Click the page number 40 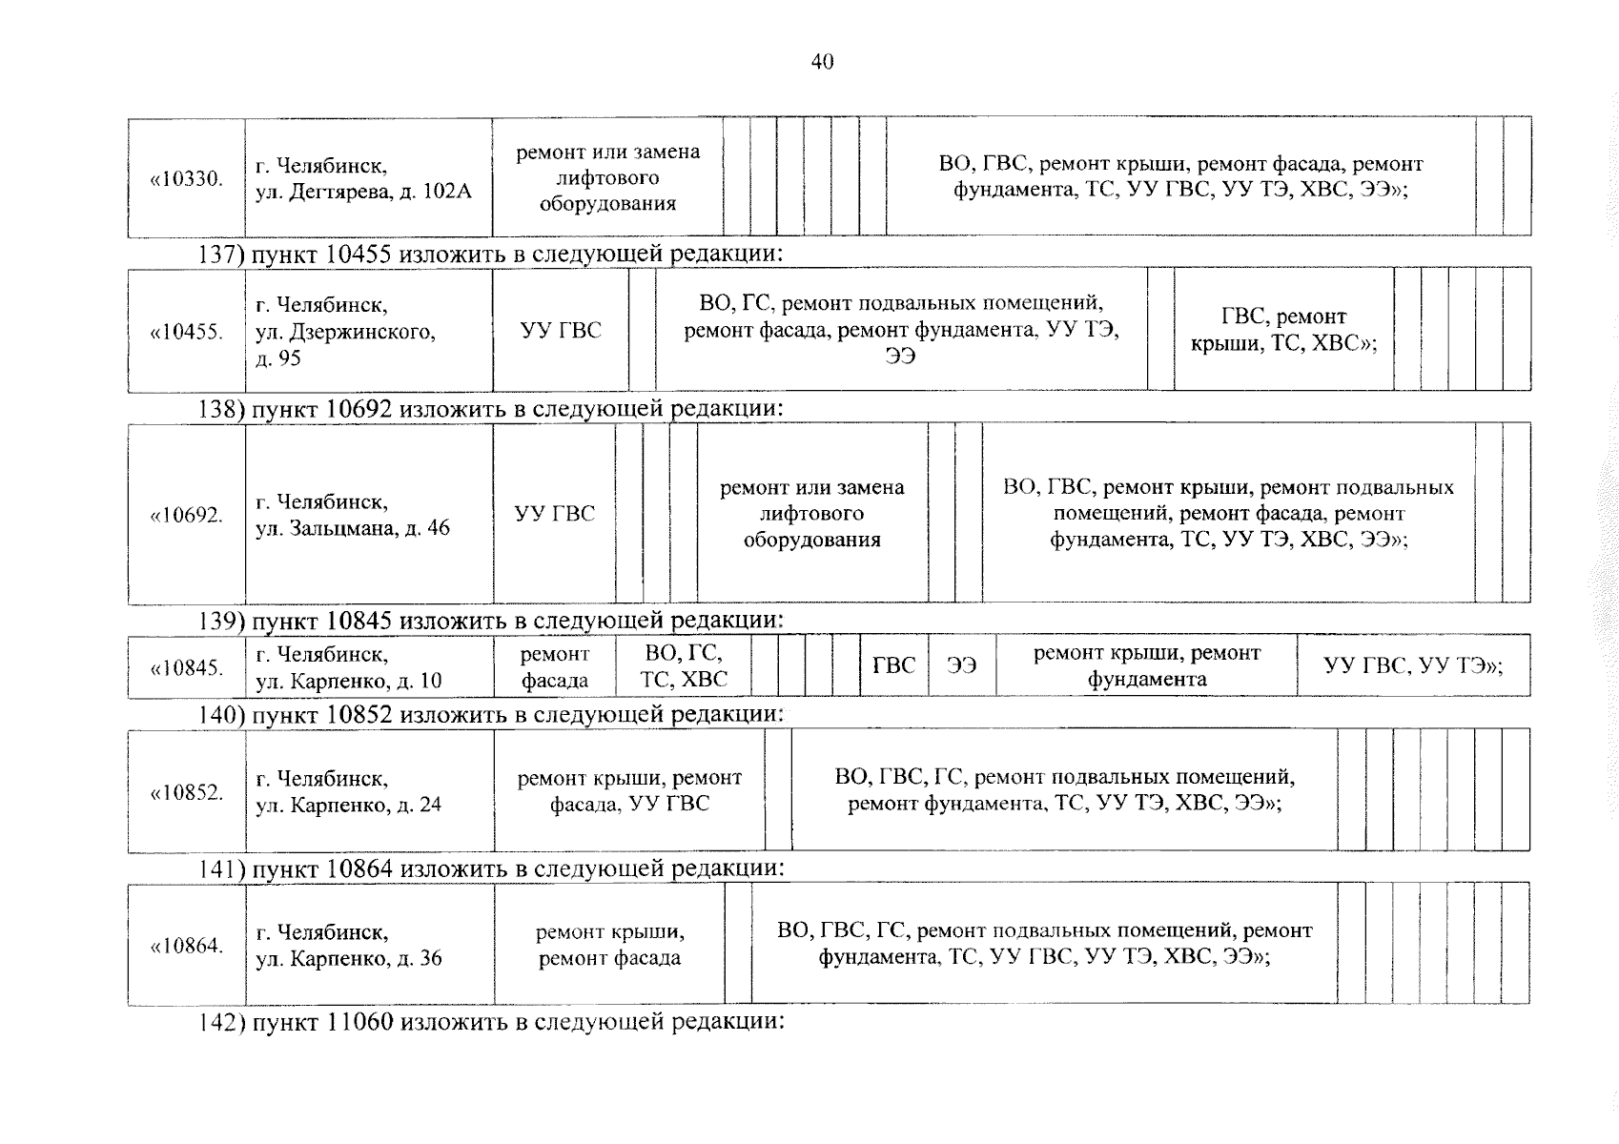click(822, 63)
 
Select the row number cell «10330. click(187, 178)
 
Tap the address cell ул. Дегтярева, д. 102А click(363, 178)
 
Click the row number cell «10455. click(187, 332)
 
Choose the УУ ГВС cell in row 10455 click(561, 330)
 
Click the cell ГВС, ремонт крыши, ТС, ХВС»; click(1283, 330)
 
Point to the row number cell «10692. click(187, 515)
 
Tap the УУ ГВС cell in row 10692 click(554, 514)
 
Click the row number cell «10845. click(187, 667)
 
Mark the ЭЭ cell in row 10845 click(961, 666)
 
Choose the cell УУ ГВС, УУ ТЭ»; click(1412, 666)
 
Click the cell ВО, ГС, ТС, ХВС click(684, 666)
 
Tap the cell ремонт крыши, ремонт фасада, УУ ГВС click(629, 790)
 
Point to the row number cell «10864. click(187, 946)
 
